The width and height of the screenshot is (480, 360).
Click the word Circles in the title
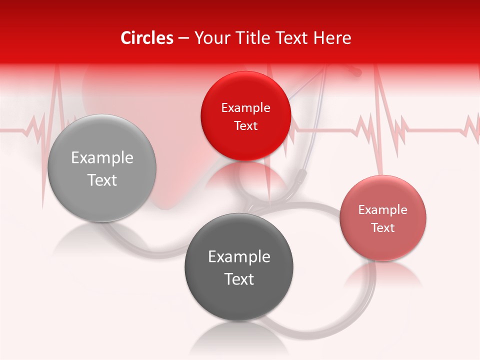click(147, 38)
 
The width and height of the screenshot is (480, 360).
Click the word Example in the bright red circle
click(245, 108)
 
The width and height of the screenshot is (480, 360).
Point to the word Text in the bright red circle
click(245, 126)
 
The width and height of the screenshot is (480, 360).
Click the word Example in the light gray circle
click(102, 158)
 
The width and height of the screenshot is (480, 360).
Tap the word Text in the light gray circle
click(102, 180)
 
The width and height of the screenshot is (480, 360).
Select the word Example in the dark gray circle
click(239, 257)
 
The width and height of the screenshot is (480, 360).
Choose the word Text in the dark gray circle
click(239, 279)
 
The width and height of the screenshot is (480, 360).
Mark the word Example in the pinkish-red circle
click(383, 210)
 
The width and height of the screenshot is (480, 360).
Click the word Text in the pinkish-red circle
click(383, 228)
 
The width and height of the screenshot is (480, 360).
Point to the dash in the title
click(183, 38)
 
